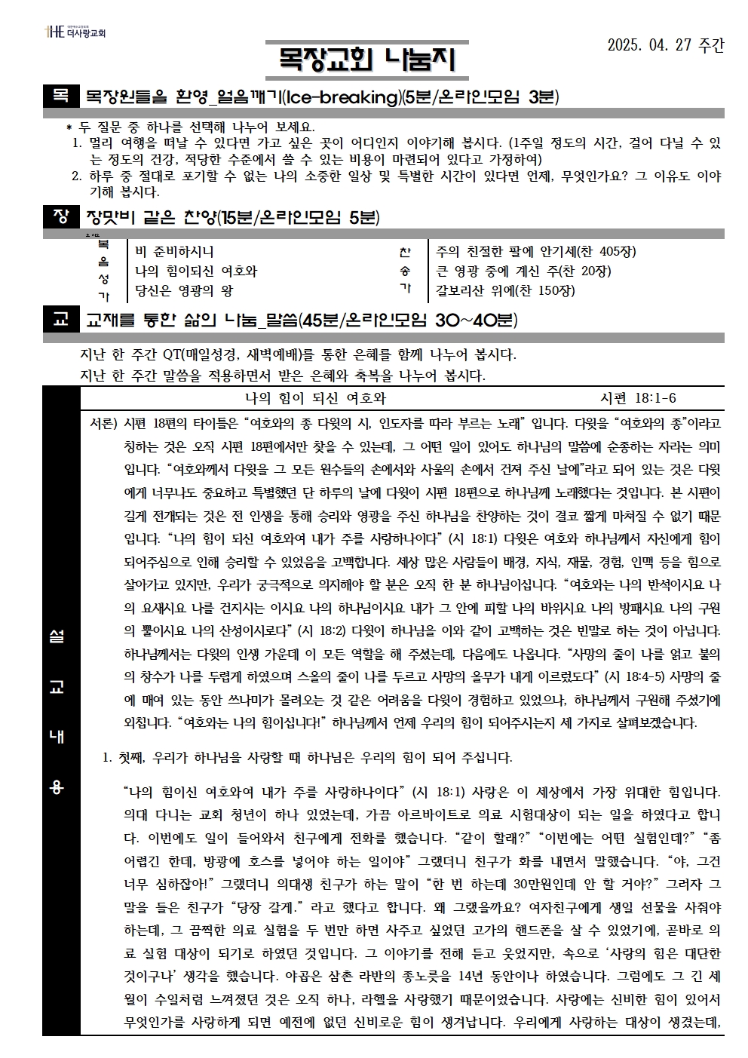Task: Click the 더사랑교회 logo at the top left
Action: coord(75,32)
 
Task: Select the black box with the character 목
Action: coord(60,96)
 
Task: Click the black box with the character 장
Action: coord(60,218)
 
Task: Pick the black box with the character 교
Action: coord(60,320)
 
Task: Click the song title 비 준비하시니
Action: coord(174,252)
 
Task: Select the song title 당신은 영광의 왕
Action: coord(184,290)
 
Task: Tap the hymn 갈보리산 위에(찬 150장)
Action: coord(505,290)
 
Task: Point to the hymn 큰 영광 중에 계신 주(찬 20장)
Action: coord(523,271)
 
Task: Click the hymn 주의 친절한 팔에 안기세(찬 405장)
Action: coord(535,252)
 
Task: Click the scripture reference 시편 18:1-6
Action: coord(638,398)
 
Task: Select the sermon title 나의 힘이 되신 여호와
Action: coord(315,398)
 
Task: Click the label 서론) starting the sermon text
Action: coord(104,423)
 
